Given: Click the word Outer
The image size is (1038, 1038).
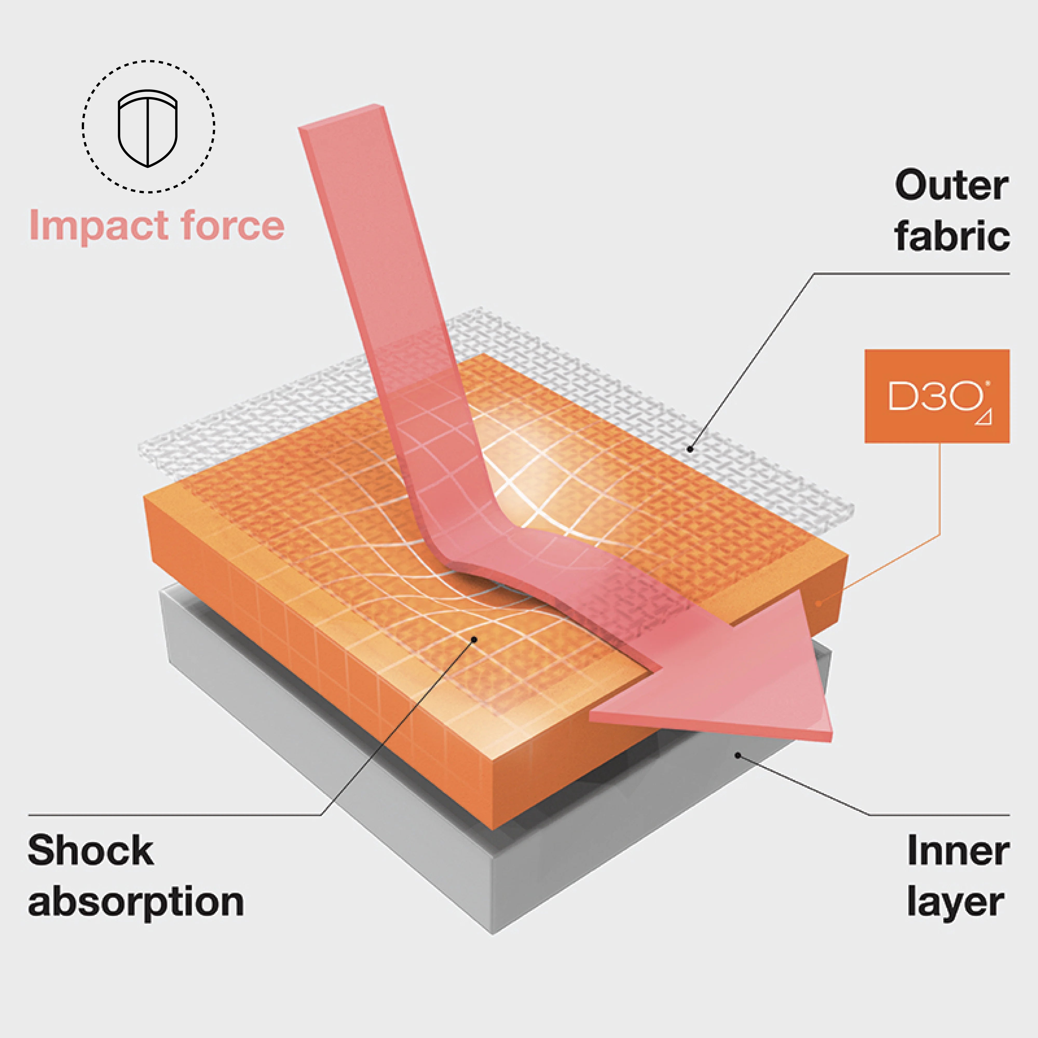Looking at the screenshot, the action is [x=952, y=186].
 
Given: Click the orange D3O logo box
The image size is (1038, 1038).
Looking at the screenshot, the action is [x=937, y=396].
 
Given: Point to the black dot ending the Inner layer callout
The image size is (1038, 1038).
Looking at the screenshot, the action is [x=738, y=755].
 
